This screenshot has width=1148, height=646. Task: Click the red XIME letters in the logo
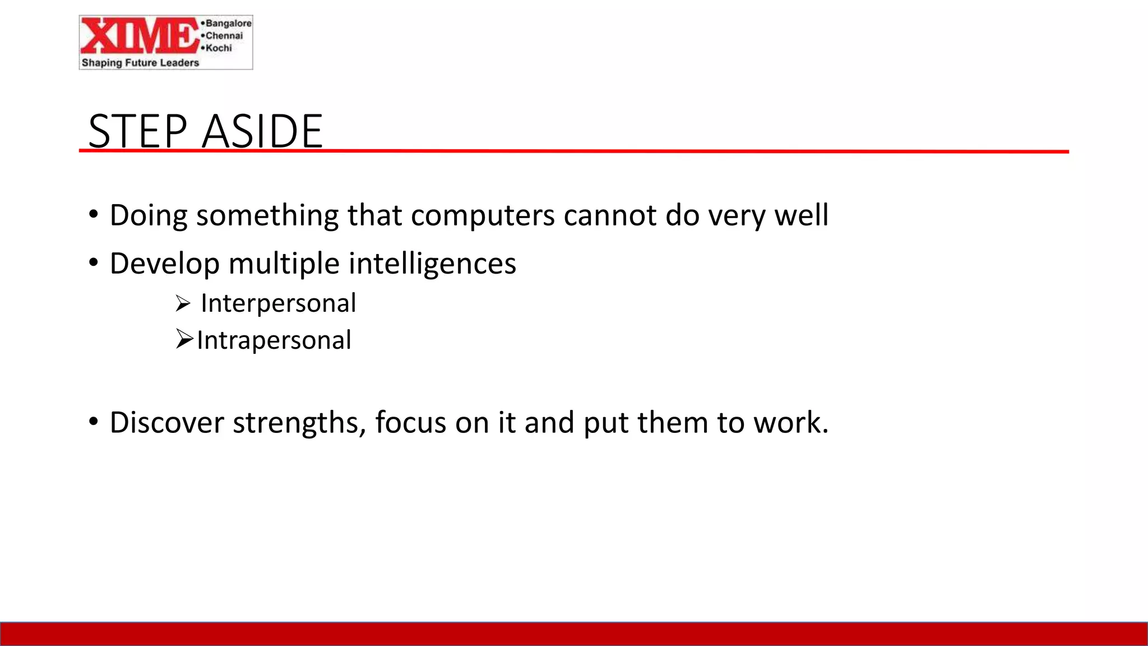point(139,36)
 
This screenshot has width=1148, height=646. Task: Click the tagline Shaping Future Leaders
point(140,63)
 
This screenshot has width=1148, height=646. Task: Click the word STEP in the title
point(138,131)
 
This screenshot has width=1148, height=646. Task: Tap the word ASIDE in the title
point(262,131)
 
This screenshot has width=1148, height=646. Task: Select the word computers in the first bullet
point(482,215)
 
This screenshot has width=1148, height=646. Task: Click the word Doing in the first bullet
point(149,215)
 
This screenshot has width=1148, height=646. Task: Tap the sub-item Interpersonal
point(278,303)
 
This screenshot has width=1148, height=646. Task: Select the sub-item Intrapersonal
point(274,340)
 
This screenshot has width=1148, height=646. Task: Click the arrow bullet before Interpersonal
point(183,304)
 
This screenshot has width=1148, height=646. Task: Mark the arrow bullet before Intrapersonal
point(184,339)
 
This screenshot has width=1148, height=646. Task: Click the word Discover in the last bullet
point(166,422)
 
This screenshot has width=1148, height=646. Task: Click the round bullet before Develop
point(94,262)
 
